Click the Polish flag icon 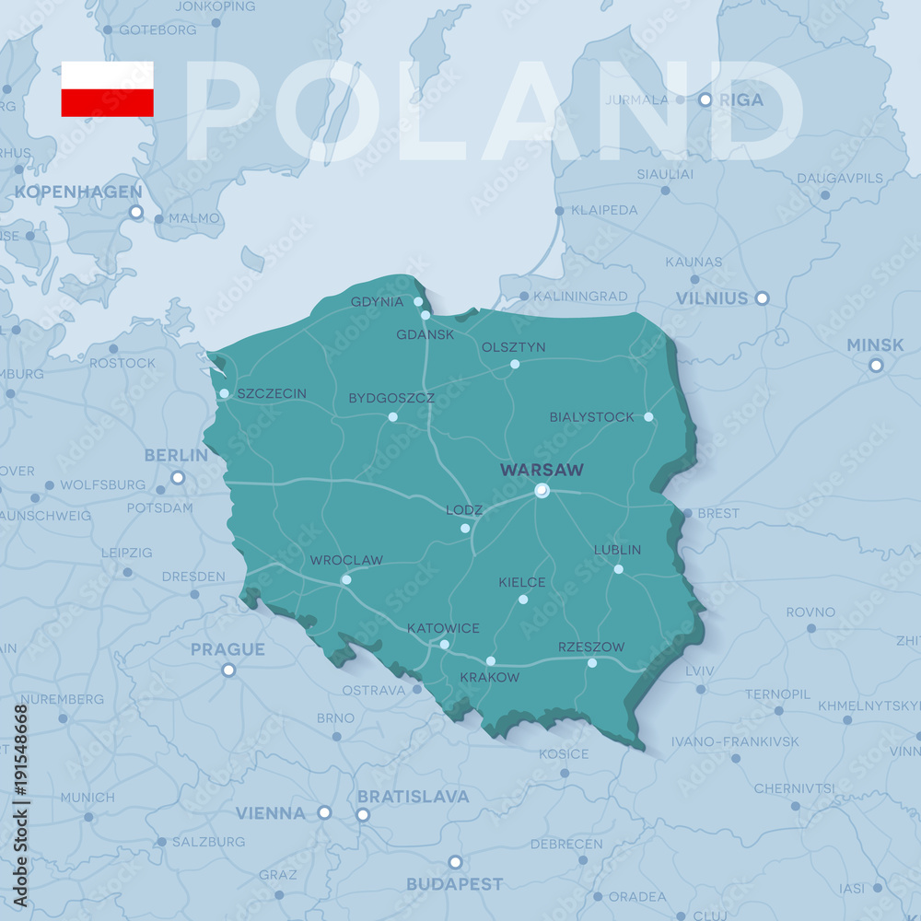coord(107,89)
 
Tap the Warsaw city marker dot coord(542,490)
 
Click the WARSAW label coord(542,470)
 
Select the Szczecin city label coord(272,393)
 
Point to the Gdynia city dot coord(418,301)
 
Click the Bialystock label coord(592,417)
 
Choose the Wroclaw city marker coord(346,579)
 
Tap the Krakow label coord(489,677)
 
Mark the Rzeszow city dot coord(592,663)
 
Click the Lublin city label coord(617,550)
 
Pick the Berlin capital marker coord(178,478)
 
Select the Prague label coord(227,649)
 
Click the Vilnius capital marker coord(762,297)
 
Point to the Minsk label coord(875,345)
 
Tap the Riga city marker coord(705,99)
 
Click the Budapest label coord(455,884)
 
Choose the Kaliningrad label coord(580,297)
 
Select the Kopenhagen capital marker coord(136,212)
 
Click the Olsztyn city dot coord(515,364)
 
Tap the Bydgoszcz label coord(391,399)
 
